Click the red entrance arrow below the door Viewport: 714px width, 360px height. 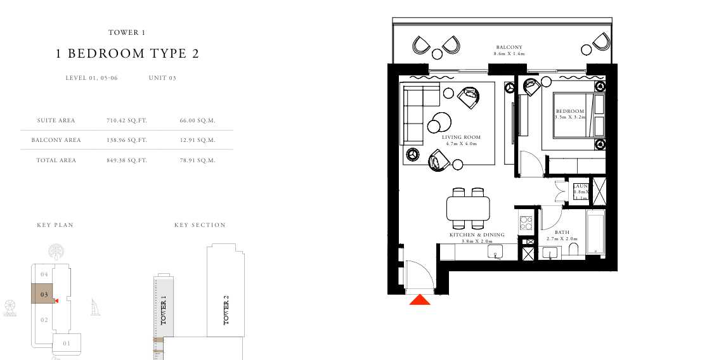420,300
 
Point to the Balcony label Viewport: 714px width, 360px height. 509,47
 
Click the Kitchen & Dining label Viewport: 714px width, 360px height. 476,235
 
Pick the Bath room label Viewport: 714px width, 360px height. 562,233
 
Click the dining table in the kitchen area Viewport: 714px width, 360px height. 468,208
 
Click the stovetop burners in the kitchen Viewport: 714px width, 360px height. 526,223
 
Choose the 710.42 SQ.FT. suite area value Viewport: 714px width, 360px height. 127,120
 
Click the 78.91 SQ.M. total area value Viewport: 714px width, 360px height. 198,160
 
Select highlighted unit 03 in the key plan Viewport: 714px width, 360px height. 44,294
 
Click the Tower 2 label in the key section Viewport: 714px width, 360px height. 226,311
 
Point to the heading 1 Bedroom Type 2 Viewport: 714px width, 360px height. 127,54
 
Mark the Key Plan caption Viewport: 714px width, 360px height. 55,225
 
